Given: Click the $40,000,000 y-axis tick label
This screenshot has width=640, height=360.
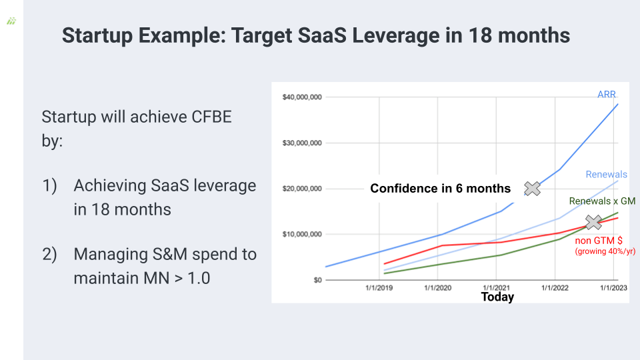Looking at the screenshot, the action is tap(301, 97).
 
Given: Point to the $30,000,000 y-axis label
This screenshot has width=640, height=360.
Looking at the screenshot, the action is tap(301, 143).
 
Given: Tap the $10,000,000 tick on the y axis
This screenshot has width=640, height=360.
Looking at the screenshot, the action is tap(301, 234).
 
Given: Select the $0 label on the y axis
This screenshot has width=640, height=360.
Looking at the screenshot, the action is tap(317, 280).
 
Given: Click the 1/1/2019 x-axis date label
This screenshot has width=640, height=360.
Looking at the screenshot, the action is tap(379, 288).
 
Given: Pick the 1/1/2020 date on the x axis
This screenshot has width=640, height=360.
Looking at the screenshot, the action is tap(437, 288).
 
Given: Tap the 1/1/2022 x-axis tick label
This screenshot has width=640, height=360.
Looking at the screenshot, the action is tap(555, 288).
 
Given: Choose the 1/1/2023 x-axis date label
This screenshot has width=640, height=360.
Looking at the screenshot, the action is tap(613, 288).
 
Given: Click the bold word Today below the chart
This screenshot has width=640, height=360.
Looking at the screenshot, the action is tap(497, 297).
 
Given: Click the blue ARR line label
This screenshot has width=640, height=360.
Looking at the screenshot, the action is tap(607, 94).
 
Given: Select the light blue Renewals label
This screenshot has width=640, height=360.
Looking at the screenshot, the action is tap(606, 174).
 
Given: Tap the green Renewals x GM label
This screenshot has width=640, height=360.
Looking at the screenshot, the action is tap(602, 201).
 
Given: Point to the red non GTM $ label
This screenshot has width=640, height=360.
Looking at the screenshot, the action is tap(599, 241).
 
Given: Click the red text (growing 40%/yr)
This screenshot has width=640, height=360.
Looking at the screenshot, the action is tap(605, 251).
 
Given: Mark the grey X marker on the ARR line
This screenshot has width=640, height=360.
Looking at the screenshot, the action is tap(532, 189).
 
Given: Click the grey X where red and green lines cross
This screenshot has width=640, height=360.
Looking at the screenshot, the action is tap(593, 223).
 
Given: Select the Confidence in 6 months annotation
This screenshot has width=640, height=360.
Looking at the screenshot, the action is tap(441, 189).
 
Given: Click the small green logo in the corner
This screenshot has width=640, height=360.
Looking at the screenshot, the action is tap(11, 21).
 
